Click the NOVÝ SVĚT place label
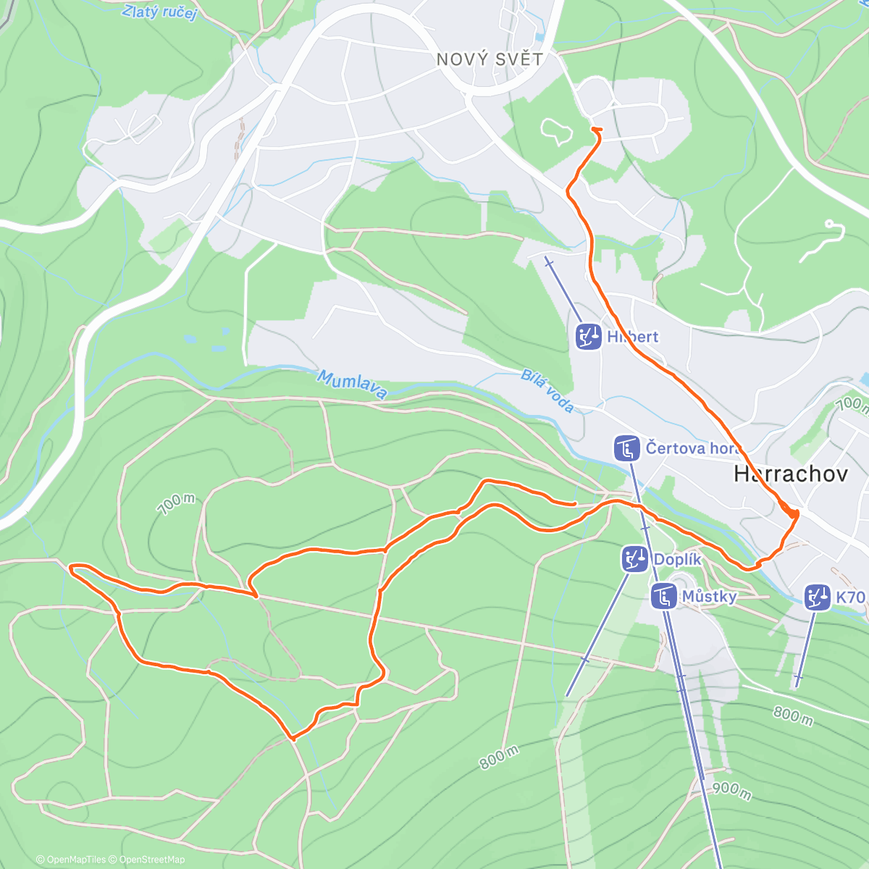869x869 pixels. (490, 59)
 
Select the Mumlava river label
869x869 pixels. (352, 384)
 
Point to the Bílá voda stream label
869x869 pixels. (548, 392)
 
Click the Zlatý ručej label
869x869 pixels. (159, 12)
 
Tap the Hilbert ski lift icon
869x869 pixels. (589, 337)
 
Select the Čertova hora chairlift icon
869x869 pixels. (626, 448)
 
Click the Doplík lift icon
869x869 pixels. (635, 559)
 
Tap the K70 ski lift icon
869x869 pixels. (818, 597)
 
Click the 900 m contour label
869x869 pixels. (731, 790)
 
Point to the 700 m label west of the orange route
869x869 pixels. (177, 504)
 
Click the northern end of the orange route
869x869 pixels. (596, 130)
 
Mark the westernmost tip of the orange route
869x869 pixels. (71, 569)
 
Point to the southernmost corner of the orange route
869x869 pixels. (293, 739)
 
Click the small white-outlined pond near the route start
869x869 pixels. (555, 130)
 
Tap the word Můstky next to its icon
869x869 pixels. (709, 597)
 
